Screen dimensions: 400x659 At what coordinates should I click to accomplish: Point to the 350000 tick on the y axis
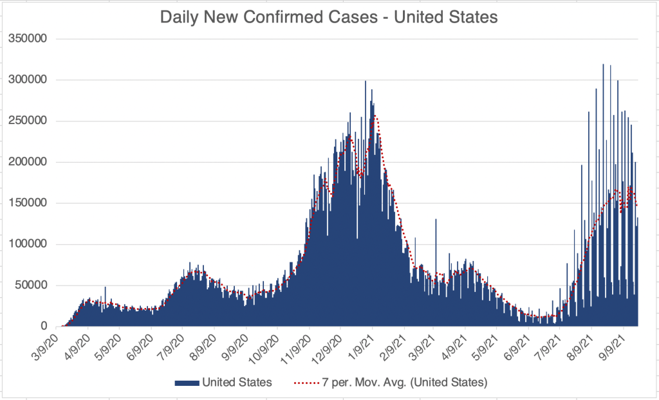click(29, 39)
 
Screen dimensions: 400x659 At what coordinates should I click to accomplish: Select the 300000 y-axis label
click(29, 80)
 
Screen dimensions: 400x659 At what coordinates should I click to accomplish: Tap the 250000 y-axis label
click(29, 121)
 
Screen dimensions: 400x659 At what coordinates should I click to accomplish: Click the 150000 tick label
click(29, 203)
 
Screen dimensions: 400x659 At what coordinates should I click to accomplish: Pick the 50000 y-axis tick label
click(32, 286)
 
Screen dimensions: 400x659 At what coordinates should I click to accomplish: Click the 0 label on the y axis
click(44, 327)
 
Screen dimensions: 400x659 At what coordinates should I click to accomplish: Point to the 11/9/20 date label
click(297, 347)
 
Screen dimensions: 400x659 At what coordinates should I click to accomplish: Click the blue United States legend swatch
click(187, 383)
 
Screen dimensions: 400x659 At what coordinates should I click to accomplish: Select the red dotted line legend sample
click(304, 383)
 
